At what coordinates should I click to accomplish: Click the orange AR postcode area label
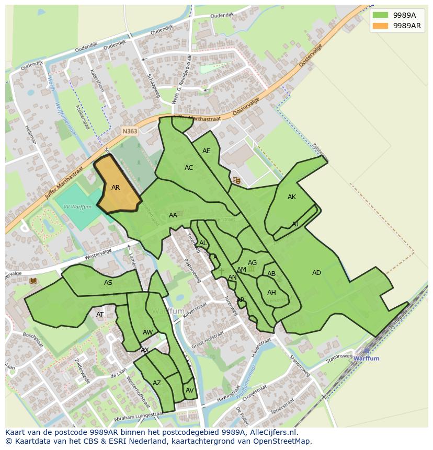[116, 188]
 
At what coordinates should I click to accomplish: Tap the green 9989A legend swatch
[380, 15]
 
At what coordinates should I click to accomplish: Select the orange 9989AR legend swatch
[380, 26]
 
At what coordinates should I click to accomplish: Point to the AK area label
[292, 197]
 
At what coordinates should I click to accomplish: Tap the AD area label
[316, 273]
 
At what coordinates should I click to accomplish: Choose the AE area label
[206, 151]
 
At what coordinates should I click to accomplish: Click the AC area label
[189, 168]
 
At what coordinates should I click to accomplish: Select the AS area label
[108, 283]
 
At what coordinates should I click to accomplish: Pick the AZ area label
[157, 383]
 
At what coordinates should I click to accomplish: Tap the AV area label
[189, 390]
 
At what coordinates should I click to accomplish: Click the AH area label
[271, 293]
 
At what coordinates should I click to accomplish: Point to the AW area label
[147, 332]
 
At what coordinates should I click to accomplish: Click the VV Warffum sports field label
[77, 207]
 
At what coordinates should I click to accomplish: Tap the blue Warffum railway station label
[366, 359]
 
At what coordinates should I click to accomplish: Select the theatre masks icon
[236, 180]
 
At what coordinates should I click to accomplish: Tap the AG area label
[252, 263]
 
